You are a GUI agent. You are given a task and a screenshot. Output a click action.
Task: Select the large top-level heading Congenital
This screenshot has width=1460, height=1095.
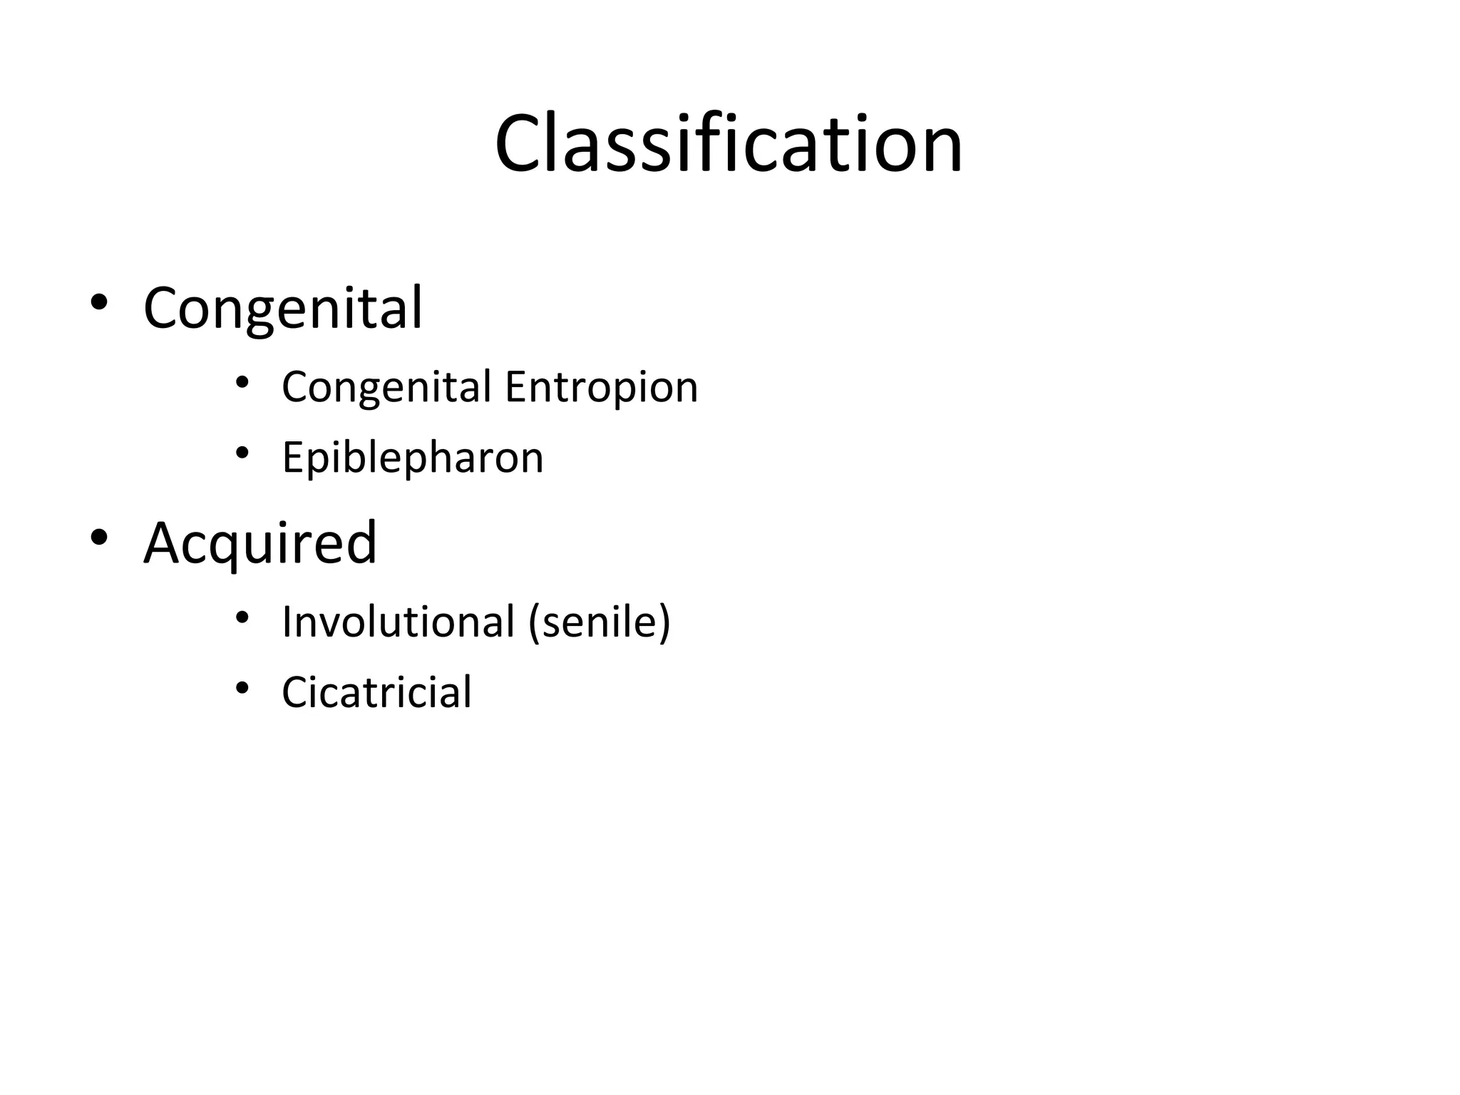point(283,308)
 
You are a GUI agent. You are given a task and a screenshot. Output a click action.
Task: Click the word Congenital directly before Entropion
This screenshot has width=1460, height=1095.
point(386,387)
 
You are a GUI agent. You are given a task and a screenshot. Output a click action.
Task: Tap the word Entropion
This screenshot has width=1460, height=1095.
point(601,387)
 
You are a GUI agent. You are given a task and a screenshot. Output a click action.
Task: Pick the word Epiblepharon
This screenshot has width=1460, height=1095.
point(412,458)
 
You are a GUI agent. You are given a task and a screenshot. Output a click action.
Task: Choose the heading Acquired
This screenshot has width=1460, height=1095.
point(259,543)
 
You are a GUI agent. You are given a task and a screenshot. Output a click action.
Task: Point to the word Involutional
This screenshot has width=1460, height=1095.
point(398,622)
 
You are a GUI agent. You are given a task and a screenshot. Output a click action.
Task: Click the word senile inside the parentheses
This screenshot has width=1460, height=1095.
point(597,622)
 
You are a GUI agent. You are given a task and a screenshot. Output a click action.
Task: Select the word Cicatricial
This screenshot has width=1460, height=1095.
point(376,692)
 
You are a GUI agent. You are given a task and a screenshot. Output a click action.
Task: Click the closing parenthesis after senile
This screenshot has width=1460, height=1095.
point(664,622)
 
